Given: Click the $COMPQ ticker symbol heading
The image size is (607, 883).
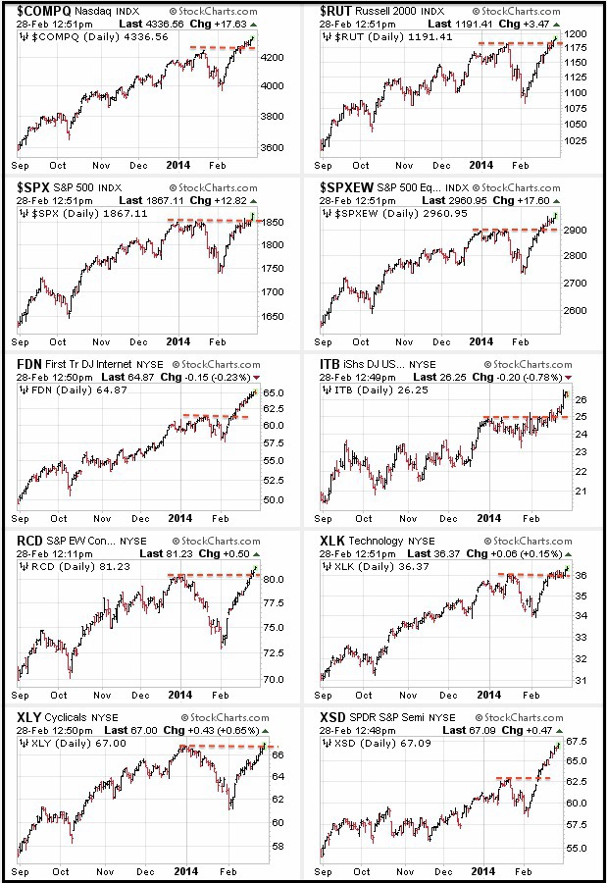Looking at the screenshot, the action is (43, 11).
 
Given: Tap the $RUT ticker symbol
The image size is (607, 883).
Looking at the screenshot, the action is (335, 11).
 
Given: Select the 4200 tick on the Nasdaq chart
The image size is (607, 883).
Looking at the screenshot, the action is (273, 58).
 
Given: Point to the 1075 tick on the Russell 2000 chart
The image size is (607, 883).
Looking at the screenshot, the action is (576, 109).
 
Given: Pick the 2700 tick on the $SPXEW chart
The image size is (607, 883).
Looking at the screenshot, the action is (576, 284).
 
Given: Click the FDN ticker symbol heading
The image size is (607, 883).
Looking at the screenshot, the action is (29, 364).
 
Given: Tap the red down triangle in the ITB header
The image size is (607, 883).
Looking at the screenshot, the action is (568, 378).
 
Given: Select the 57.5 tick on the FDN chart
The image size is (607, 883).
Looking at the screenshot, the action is (273, 443).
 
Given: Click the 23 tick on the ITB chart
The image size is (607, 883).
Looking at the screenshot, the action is (582, 452).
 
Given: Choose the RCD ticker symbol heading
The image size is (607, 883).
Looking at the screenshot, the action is (29, 541).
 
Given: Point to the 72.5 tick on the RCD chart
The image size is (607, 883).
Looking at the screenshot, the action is (273, 653).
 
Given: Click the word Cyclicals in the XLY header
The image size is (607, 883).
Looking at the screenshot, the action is (66, 717).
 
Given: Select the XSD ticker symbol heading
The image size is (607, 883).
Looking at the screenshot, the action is (332, 717).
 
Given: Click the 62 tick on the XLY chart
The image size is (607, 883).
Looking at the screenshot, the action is (278, 799).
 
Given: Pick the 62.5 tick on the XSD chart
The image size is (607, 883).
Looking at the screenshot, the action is (576, 782).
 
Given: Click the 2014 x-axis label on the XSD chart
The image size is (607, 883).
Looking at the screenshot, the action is (482, 871).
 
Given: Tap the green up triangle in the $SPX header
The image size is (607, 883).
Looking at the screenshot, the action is (253, 201).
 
